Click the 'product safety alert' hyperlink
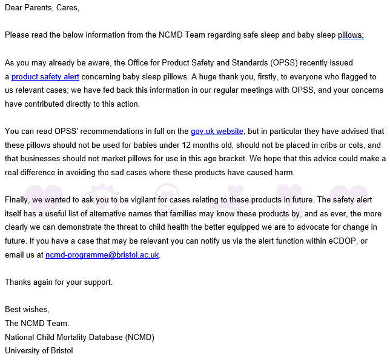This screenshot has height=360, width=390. click(x=45, y=77)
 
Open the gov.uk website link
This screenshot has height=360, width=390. click(x=217, y=132)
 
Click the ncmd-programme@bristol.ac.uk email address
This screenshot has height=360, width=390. click(x=102, y=255)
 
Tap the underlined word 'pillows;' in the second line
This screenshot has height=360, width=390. click(x=351, y=35)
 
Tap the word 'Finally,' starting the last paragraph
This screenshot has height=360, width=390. click(x=18, y=199)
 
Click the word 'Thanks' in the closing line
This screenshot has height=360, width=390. click(x=18, y=282)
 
